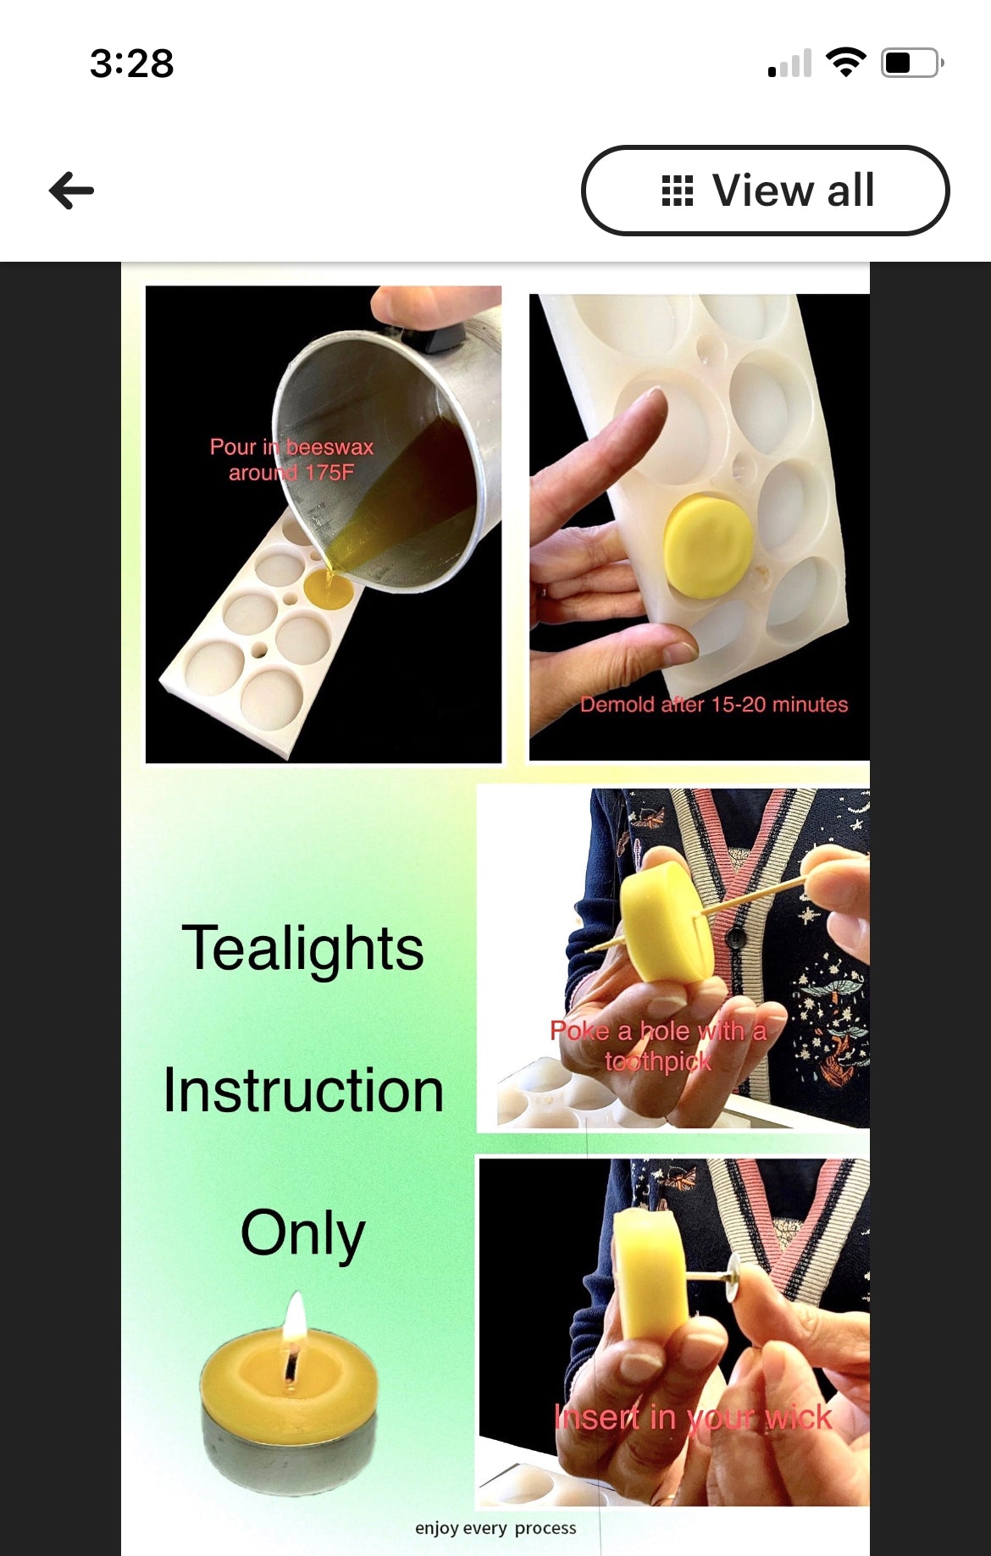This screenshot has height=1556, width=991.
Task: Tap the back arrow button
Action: (72, 191)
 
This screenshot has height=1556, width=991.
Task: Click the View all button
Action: (765, 191)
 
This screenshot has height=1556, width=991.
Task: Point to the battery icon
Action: (911, 63)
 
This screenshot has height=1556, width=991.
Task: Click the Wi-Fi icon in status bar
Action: (845, 62)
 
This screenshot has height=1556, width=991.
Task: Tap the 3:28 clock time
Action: (132, 64)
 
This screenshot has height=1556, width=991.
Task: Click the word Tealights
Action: (302, 949)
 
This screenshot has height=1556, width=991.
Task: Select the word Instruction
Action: (303, 1091)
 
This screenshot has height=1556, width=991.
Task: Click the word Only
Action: (302, 1233)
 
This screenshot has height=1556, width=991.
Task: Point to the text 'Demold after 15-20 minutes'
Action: (713, 705)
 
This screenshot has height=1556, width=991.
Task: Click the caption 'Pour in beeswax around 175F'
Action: (291, 460)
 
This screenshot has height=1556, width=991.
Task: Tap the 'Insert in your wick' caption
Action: (692, 1418)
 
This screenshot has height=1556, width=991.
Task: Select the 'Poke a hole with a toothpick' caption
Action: (658, 1046)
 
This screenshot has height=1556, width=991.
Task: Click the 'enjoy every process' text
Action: (495, 1528)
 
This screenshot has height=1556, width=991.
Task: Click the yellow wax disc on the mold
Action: (708, 545)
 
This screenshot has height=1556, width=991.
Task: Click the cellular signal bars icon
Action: (789, 64)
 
